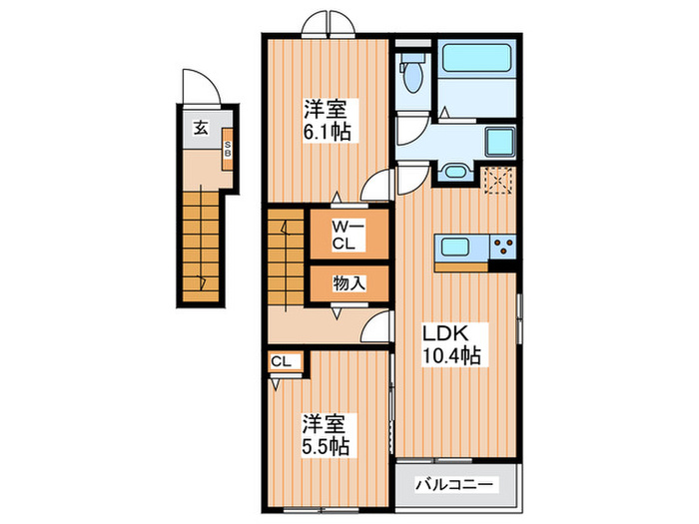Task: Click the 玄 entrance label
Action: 201,127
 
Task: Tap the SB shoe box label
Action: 227,151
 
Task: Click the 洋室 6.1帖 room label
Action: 328,118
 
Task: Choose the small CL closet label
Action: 280,361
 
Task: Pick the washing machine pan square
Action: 498,141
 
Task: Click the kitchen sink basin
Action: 460,247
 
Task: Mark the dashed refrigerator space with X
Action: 498,180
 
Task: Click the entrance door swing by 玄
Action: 195,86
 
